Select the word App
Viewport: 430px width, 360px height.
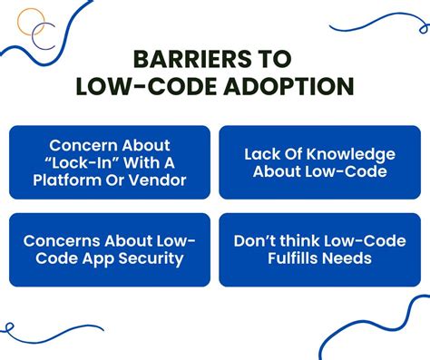point(100,259)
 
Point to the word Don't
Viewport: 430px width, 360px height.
point(255,241)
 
